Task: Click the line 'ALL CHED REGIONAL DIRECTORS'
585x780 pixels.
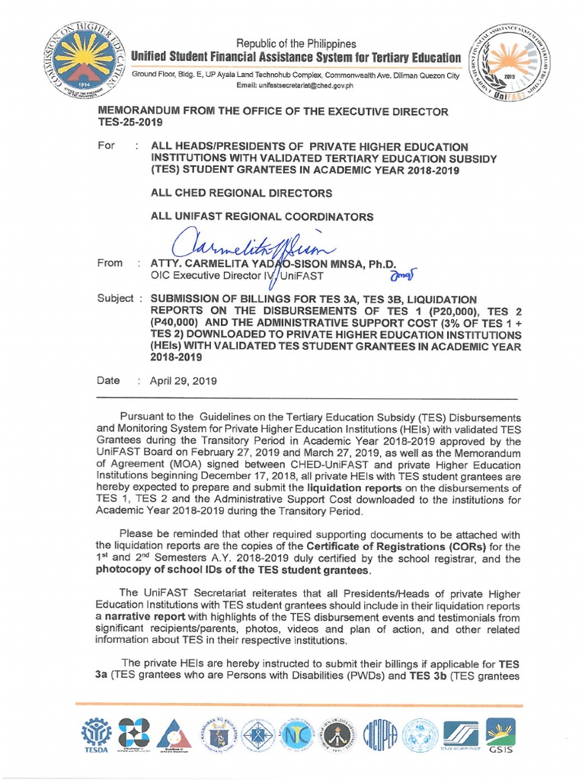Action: pyautogui.click(x=241, y=193)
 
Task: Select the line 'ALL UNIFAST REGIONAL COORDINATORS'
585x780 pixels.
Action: pyautogui.click(x=262, y=216)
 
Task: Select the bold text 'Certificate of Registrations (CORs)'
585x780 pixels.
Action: pyautogui.click(x=396, y=546)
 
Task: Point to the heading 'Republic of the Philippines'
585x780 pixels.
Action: pyautogui.click(x=296, y=43)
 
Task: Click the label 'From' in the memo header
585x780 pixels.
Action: pyautogui.click(x=110, y=263)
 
